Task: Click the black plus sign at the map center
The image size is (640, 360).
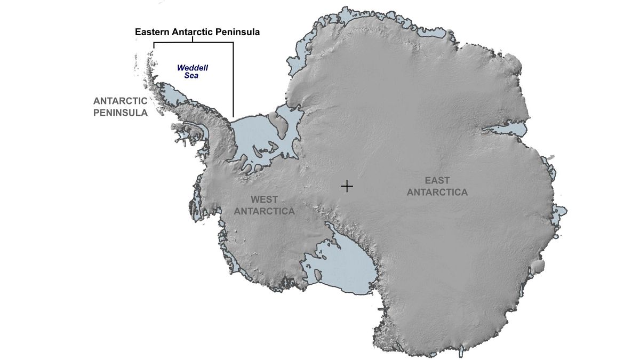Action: tap(347, 186)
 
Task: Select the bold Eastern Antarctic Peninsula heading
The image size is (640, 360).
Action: tap(197, 32)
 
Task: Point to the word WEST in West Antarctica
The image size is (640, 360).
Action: tap(264, 199)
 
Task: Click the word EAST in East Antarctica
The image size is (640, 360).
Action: tap(437, 180)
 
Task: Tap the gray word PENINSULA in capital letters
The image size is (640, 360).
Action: tap(120, 113)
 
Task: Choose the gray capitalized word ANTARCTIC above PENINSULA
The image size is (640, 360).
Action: tap(120, 100)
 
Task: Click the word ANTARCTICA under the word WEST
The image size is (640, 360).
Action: tap(265, 211)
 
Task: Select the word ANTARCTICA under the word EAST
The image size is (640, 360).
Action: tap(437, 192)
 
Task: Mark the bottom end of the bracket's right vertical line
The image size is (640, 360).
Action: tap(233, 116)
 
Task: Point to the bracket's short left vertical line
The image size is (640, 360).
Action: tap(154, 46)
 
